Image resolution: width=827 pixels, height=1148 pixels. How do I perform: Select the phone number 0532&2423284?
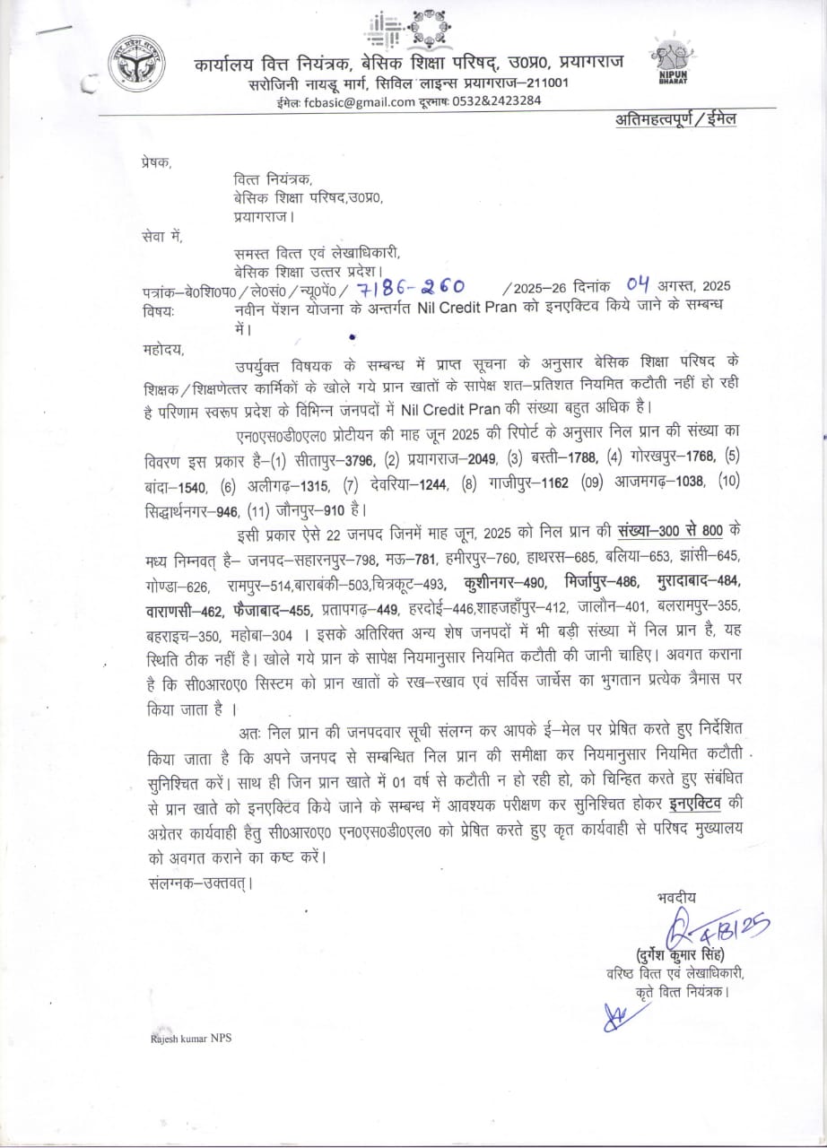[x=502, y=101]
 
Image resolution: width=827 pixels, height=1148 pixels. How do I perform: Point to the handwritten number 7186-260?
[x=410, y=286]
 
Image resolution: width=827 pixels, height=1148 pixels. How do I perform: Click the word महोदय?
[x=161, y=350]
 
